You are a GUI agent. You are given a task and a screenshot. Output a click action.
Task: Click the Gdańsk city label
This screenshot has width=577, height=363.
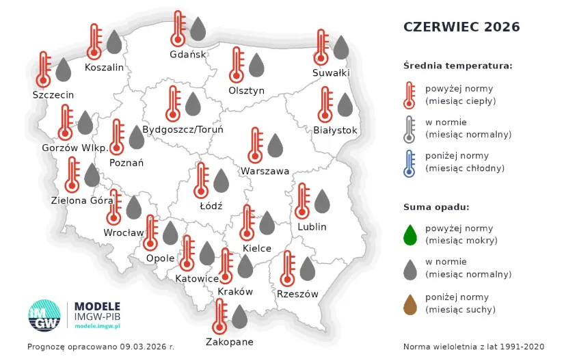pos(188,55)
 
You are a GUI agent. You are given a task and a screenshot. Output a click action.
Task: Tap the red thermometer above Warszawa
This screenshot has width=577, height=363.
pos(256,145)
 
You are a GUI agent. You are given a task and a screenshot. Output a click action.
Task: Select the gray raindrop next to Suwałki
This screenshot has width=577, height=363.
pos(340,48)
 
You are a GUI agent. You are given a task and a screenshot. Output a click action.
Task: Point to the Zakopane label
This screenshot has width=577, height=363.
pos(230,342)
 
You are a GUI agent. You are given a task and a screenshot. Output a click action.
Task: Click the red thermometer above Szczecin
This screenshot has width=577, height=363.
pos(44,70)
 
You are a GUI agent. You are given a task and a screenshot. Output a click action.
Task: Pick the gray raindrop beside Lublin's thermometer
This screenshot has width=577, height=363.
pos(321,201)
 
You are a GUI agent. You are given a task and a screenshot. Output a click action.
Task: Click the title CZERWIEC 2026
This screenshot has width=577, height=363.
pos(461,27)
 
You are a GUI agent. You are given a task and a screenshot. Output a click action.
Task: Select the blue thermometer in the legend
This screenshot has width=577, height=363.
pos(410,163)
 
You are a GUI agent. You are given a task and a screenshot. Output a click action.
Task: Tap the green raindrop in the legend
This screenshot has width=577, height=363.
pos(410,234)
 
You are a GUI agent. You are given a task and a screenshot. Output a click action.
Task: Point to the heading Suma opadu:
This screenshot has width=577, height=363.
pos(436,207)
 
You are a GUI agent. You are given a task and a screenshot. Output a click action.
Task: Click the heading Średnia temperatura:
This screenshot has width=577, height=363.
pos(457,66)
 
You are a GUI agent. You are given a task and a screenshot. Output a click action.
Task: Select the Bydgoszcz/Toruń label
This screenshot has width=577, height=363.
pos(183,129)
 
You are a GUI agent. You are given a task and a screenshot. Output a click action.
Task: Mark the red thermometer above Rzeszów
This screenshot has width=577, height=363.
pos(288,269)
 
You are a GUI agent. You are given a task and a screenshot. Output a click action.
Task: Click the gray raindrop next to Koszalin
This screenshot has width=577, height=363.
pos(114,42)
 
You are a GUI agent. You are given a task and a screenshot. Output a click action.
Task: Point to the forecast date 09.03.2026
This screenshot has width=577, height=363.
pos(144,347)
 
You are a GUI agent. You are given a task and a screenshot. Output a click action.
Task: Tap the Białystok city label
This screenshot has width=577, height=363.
pos(335,130)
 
